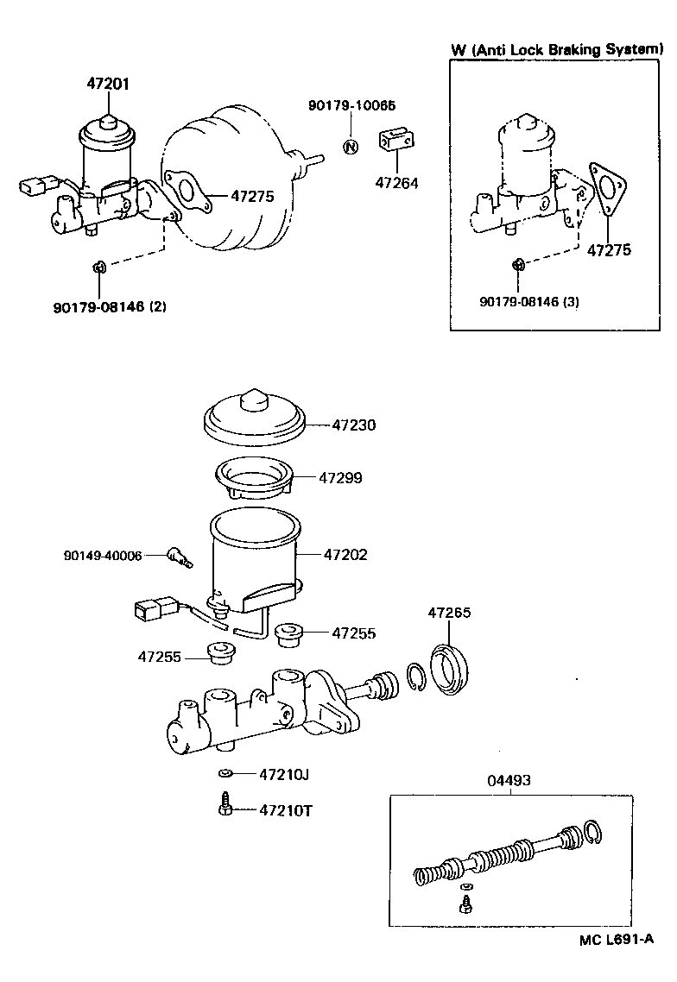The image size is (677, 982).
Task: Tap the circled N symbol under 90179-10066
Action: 351,146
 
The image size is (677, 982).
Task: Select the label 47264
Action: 395,183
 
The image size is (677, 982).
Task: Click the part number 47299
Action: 340,477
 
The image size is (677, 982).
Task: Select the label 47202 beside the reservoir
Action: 345,554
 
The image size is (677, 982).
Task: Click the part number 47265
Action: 449,613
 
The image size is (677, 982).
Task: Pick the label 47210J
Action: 284,774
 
